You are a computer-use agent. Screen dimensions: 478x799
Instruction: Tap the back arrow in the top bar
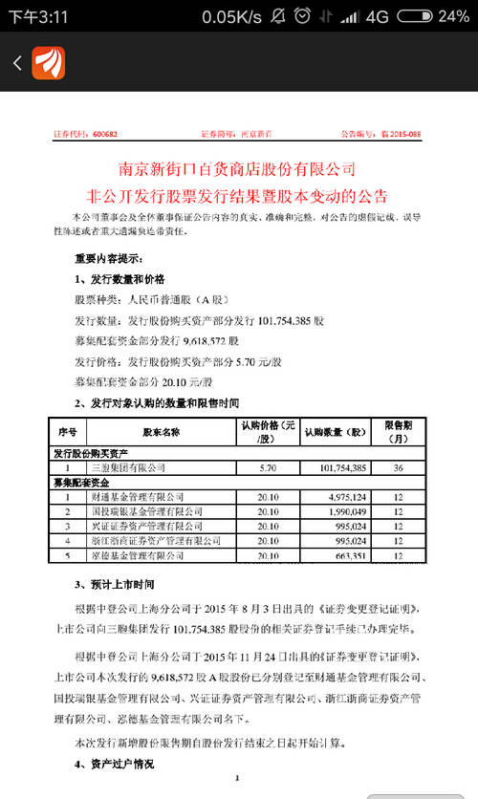point(16,63)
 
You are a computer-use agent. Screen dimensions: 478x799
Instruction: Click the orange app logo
point(47,63)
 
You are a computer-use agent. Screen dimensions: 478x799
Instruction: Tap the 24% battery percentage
point(452,16)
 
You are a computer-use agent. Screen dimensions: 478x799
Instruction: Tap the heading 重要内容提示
point(109,257)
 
